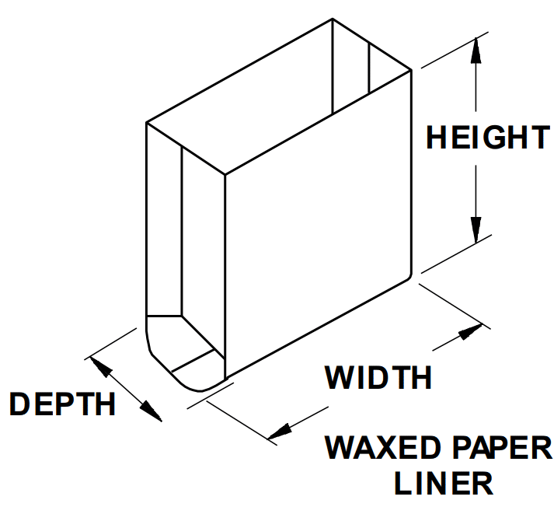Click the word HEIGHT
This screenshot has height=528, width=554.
coord(487,138)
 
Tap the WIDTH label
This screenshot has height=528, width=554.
coord(378,378)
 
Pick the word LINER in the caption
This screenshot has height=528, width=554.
coord(443,484)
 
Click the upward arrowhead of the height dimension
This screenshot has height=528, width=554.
coord(476,49)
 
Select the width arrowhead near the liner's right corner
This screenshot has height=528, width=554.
coord(469,333)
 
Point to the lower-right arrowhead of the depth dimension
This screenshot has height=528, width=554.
coord(152,411)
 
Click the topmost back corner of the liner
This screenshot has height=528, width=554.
coord(333,19)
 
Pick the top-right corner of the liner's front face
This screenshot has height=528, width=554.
coord(409,70)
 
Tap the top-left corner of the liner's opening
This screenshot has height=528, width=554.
coord(147,123)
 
